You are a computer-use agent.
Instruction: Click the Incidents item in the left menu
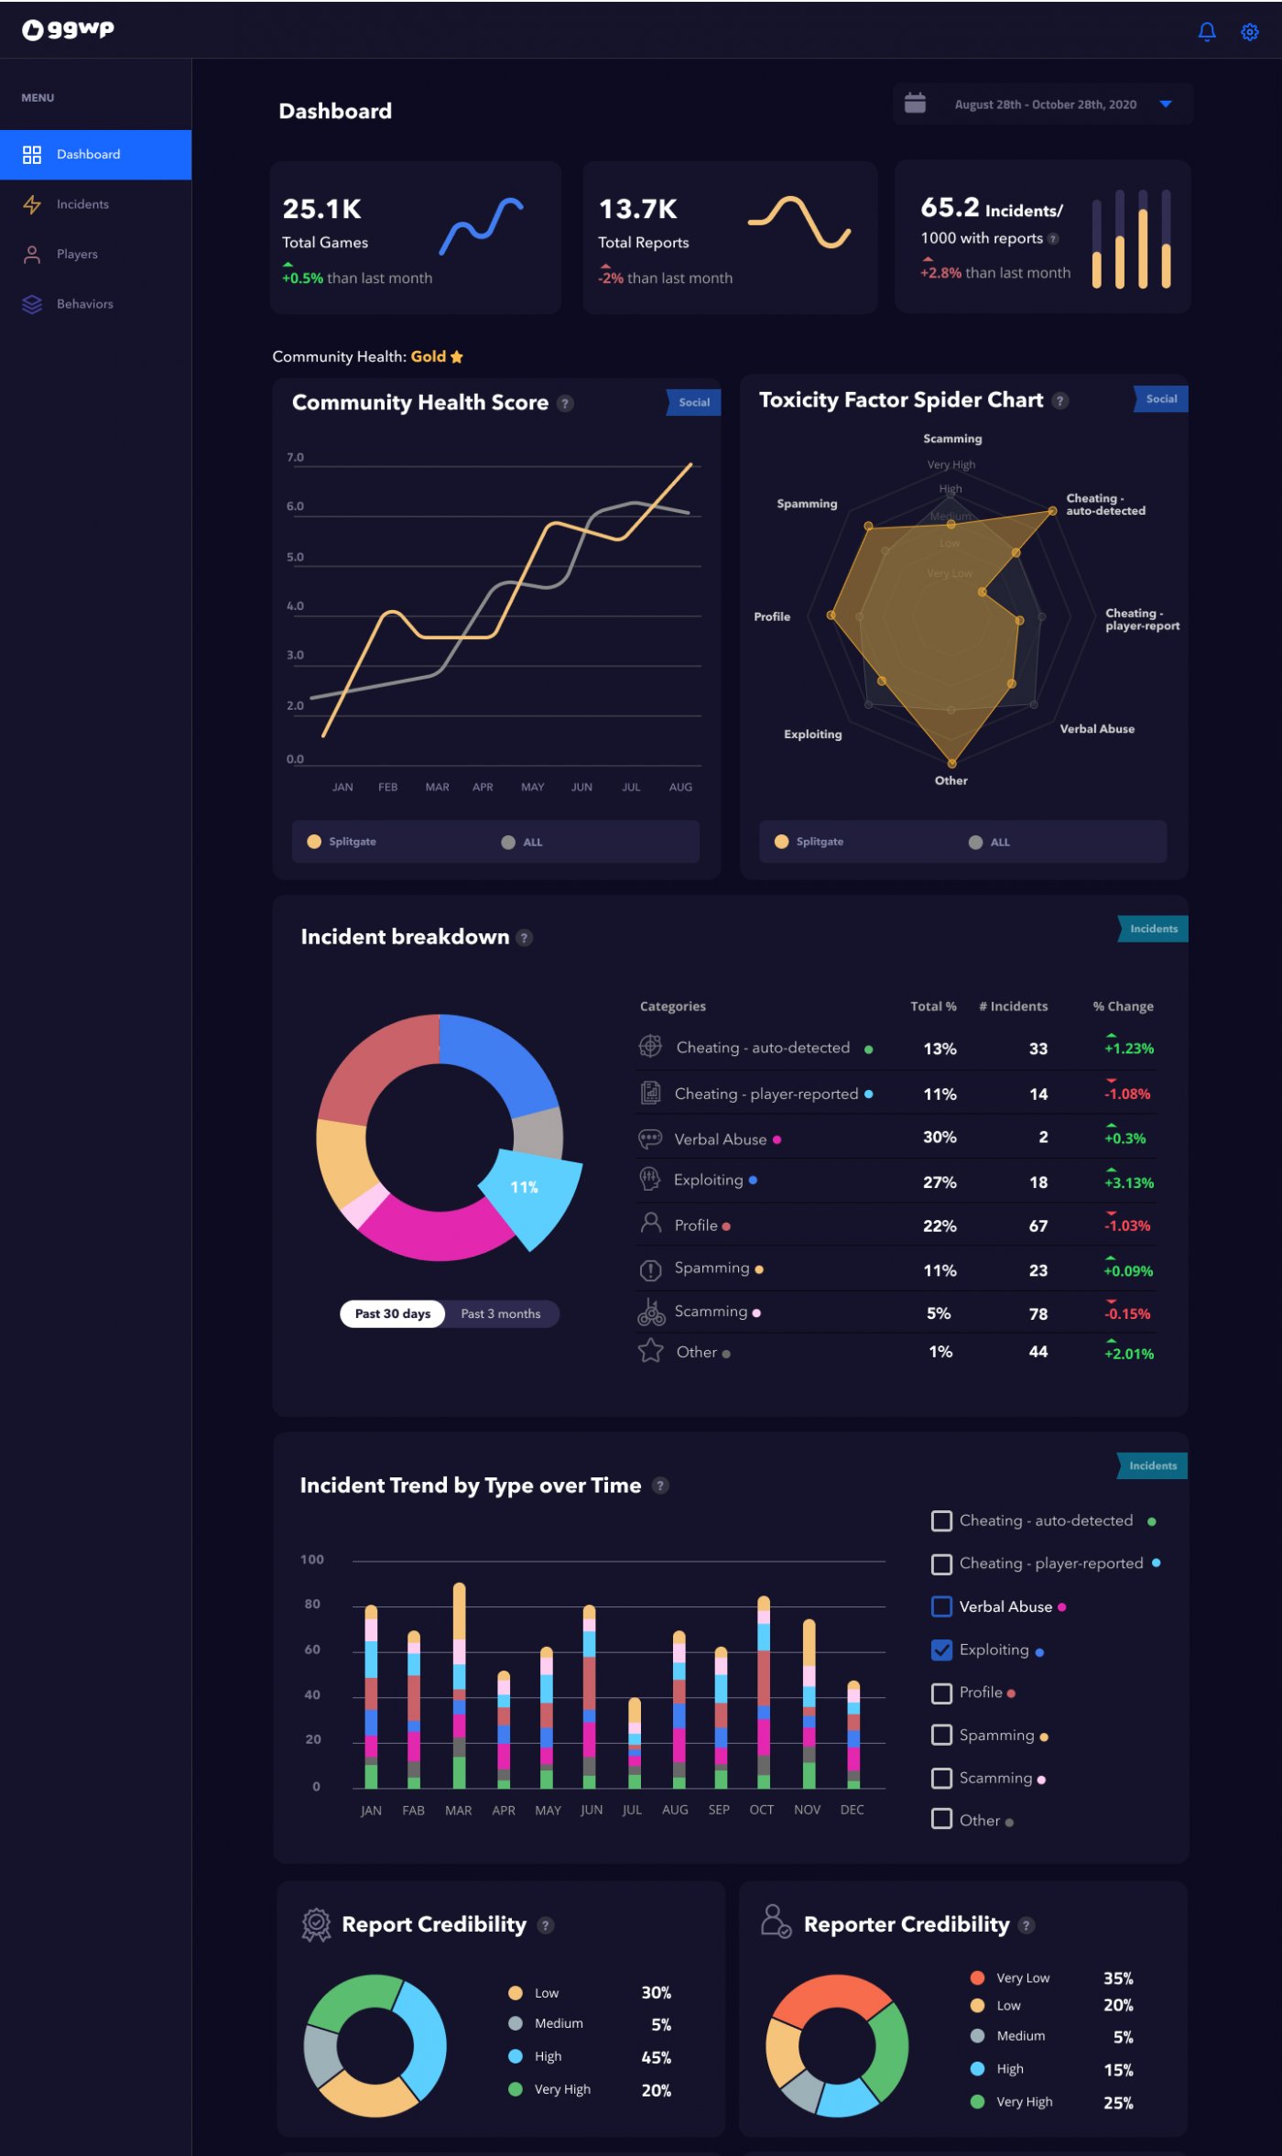(x=81, y=204)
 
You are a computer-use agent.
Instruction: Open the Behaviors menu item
(x=84, y=304)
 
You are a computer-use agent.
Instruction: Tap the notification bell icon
(x=1207, y=32)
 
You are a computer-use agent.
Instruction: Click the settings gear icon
(x=1249, y=32)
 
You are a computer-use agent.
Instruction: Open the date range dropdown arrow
(x=1166, y=104)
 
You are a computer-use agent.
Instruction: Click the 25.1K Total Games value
(x=321, y=210)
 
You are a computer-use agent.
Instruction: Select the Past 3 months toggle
(x=500, y=1313)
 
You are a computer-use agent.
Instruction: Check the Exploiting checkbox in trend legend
(x=941, y=1650)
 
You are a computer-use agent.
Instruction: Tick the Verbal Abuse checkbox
(x=941, y=1606)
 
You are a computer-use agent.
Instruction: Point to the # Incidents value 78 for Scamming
(x=1038, y=1313)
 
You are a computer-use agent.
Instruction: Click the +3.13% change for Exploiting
(x=1128, y=1182)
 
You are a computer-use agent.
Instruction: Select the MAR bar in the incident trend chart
(x=459, y=1685)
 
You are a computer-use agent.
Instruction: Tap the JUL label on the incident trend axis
(x=632, y=1810)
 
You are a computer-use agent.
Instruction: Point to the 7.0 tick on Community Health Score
(x=295, y=457)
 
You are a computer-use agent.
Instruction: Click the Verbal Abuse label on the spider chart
(x=1096, y=729)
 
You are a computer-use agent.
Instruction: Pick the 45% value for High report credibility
(x=656, y=2057)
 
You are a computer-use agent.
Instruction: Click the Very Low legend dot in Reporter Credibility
(x=977, y=1977)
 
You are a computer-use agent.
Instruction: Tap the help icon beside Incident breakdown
(x=525, y=938)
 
